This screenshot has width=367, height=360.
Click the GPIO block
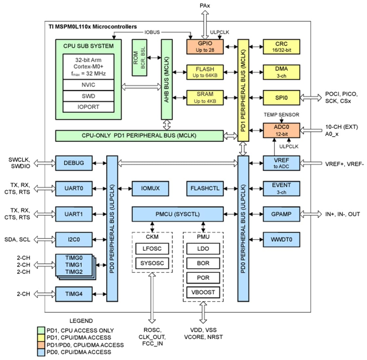[x=205, y=47]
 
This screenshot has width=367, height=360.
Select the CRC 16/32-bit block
[x=281, y=47]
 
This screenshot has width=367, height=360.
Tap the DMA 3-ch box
[x=281, y=72]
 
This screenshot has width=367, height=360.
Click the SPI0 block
[x=281, y=98]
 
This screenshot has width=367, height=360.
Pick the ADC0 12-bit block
[x=281, y=130]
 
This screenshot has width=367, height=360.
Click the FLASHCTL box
[x=205, y=189]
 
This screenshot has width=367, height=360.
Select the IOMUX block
[x=150, y=189]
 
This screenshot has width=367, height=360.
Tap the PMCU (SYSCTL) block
[x=177, y=214]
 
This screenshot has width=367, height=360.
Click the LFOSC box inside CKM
[x=152, y=249]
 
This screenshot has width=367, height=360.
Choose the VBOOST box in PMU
[x=203, y=292]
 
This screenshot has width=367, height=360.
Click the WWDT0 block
[x=281, y=240]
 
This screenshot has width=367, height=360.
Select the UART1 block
[x=74, y=214]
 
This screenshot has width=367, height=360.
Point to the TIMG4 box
[x=74, y=294]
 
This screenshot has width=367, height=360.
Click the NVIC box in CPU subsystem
[x=88, y=85]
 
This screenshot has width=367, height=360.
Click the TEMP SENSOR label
[x=281, y=115]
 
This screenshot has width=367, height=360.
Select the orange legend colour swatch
[x=41, y=345]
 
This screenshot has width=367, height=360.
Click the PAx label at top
[x=205, y=6]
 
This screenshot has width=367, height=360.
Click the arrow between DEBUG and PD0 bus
[x=100, y=163]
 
